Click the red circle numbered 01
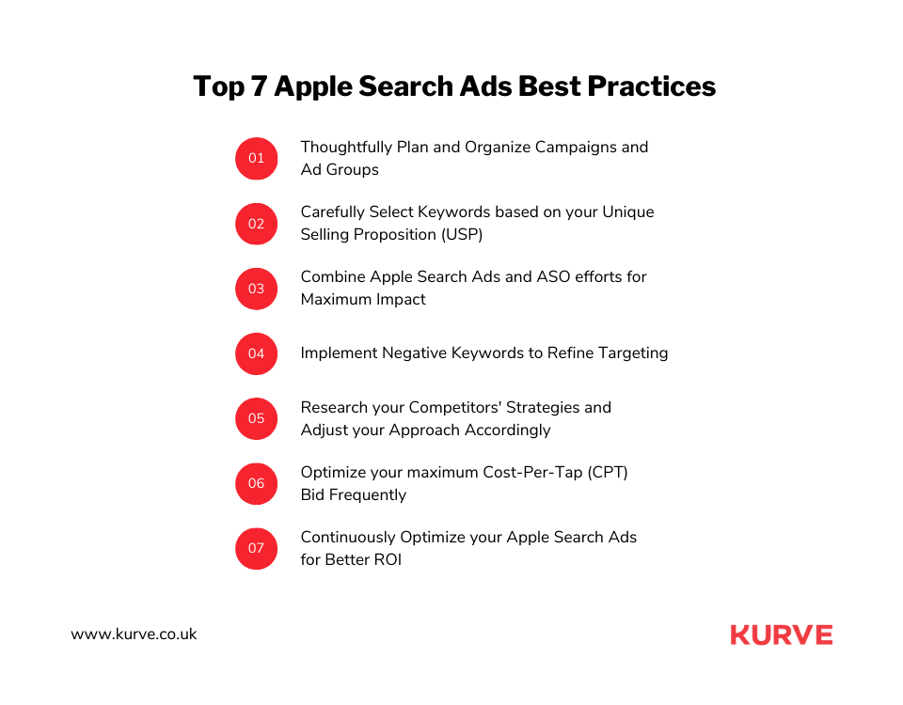(x=256, y=158)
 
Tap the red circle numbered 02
(x=256, y=224)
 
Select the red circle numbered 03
(x=256, y=289)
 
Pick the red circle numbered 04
(x=256, y=353)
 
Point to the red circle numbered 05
(x=256, y=418)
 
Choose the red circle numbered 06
(x=256, y=483)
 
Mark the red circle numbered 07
(x=256, y=548)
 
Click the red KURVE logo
(x=782, y=634)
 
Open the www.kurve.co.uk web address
(x=134, y=634)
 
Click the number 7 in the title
(x=259, y=86)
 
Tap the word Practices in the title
(x=651, y=86)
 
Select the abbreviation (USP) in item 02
(x=462, y=235)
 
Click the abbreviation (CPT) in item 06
(x=608, y=473)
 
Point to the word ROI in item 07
(x=388, y=560)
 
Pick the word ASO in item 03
(x=553, y=276)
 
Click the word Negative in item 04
(x=414, y=353)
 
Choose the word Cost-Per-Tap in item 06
(x=532, y=473)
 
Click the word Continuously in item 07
(x=348, y=538)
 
